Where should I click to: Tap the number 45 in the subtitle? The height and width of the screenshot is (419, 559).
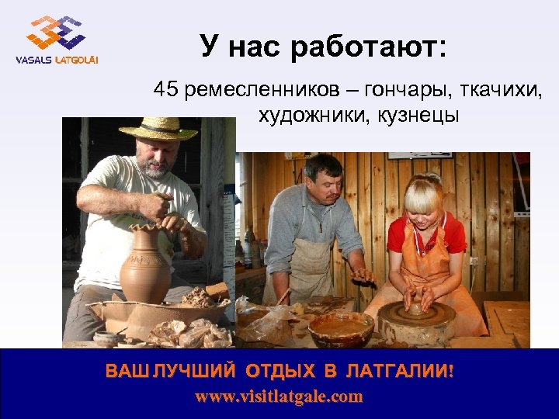(x=165, y=89)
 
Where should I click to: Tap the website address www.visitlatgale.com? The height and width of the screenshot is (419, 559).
(x=279, y=397)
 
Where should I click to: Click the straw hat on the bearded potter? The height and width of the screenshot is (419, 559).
(x=158, y=128)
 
